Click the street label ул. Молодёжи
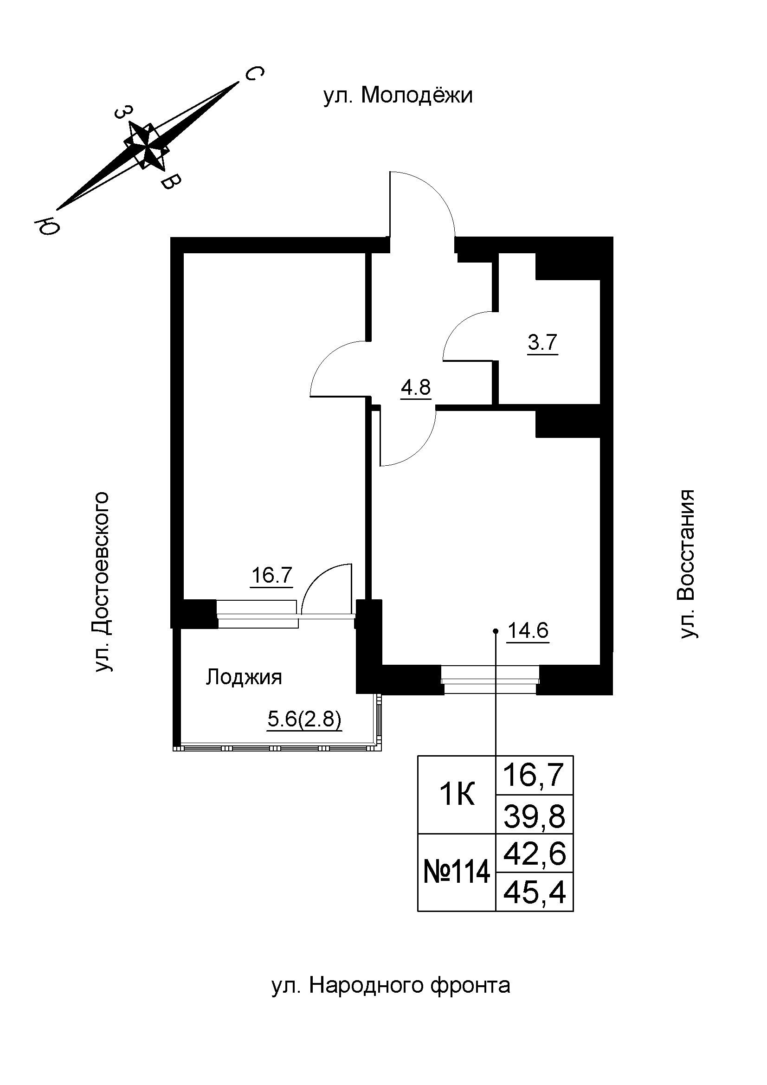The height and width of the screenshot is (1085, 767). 398,96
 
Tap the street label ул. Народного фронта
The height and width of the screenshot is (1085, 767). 391,999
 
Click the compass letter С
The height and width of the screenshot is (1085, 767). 253,74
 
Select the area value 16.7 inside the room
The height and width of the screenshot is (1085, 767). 272,576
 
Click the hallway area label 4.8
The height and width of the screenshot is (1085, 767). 416,387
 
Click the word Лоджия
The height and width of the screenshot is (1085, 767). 244,678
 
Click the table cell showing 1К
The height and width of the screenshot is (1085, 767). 457,796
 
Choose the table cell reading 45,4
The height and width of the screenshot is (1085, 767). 535,893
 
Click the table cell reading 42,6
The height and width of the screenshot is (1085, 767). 535,854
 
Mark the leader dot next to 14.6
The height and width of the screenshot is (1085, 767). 495,631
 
